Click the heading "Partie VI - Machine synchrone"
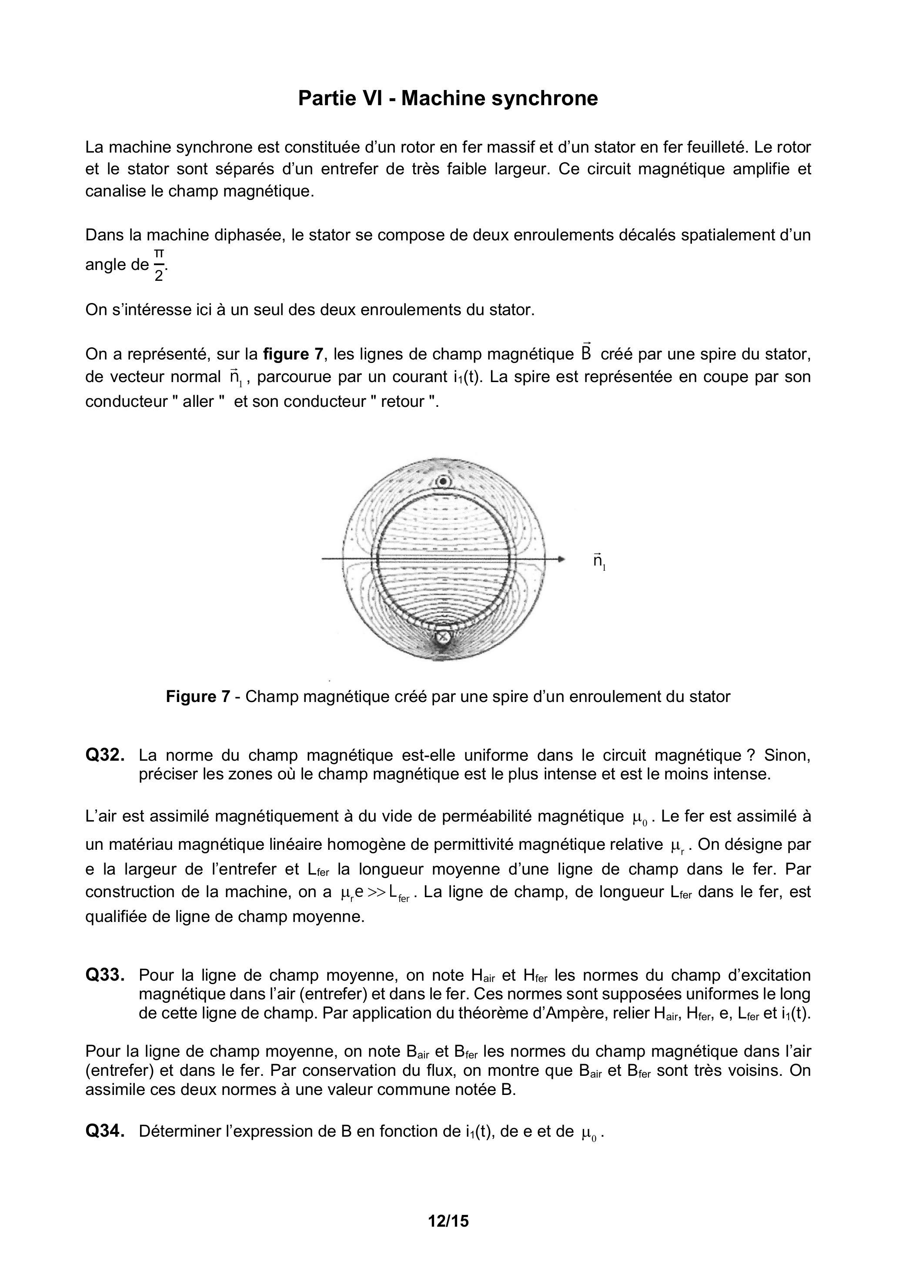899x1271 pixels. (x=448, y=99)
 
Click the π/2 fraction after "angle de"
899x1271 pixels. (x=159, y=265)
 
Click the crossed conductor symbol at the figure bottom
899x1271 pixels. (x=443, y=637)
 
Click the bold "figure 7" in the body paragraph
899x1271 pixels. (x=292, y=354)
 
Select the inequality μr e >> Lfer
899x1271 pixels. (x=375, y=892)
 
